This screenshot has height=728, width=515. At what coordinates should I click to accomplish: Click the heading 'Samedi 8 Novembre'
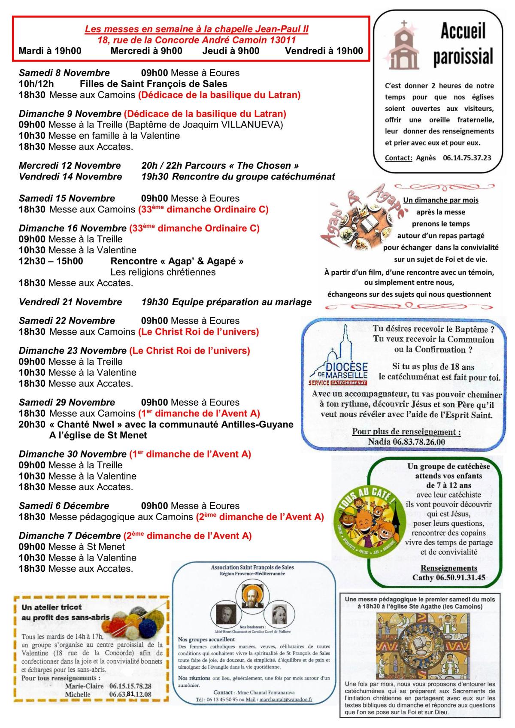(x=64, y=73)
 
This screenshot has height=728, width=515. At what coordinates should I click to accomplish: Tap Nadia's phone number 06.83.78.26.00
(x=406, y=442)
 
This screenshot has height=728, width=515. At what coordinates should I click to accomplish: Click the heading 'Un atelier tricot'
(x=51, y=607)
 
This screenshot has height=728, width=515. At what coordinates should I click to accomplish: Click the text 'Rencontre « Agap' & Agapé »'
(x=177, y=261)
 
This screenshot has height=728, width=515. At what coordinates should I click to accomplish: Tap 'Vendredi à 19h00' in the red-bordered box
(x=324, y=51)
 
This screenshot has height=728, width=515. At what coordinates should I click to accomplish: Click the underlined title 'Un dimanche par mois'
(x=440, y=200)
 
